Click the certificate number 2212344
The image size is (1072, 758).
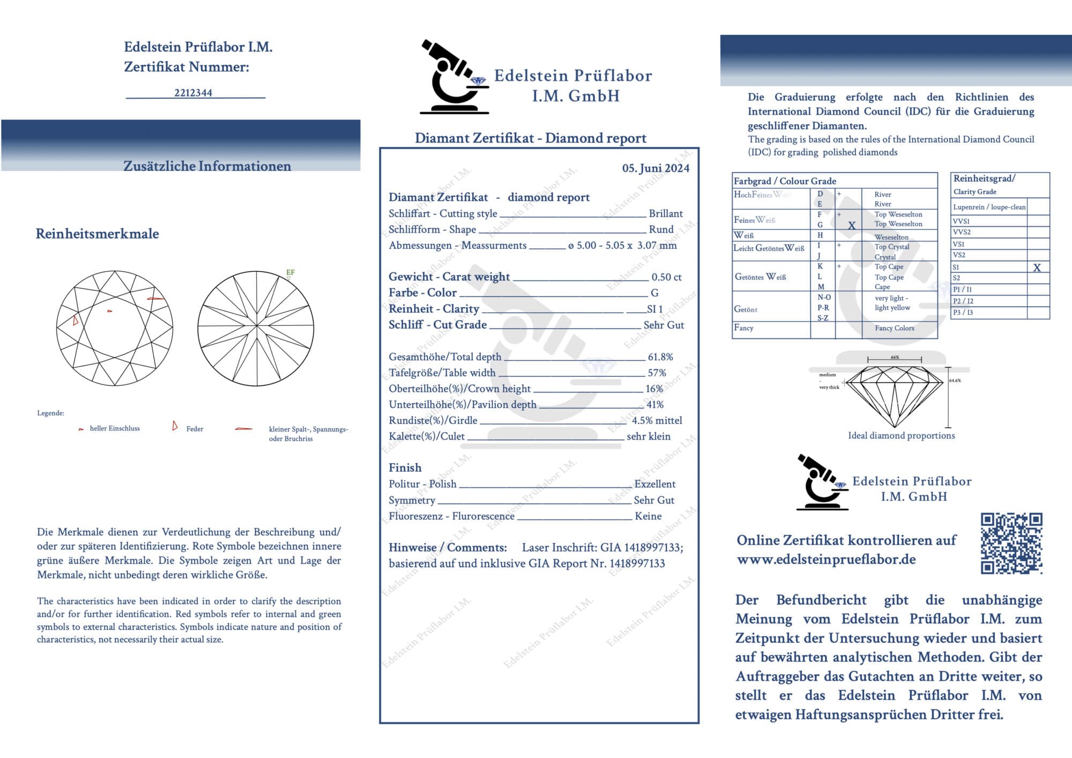click(x=193, y=93)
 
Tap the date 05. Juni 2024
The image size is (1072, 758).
click(x=655, y=168)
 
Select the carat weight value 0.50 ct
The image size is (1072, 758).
click(x=666, y=277)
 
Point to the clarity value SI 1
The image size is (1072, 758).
click(x=654, y=309)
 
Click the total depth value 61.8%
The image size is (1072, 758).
click(x=660, y=357)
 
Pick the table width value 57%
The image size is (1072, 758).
click(x=657, y=373)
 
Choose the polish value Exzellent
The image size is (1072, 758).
click(x=654, y=484)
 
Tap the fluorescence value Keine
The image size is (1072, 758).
click(x=648, y=516)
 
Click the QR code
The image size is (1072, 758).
click(x=1011, y=543)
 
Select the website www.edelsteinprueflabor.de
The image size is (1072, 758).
click(x=826, y=560)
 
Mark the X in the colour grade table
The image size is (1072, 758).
click(x=852, y=226)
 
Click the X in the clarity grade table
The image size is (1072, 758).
click(x=1037, y=267)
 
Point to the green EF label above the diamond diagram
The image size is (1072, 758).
click(x=290, y=272)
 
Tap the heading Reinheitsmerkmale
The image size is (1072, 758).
click(x=97, y=234)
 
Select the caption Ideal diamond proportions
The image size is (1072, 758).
click(x=901, y=436)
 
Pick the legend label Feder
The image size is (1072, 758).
click(x=195, y=429)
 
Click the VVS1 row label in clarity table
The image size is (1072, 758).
click(x=961, y=221)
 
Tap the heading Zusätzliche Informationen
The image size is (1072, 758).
click(x=207, y=166)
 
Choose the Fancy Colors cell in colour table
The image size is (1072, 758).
click(x=894, y=328)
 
